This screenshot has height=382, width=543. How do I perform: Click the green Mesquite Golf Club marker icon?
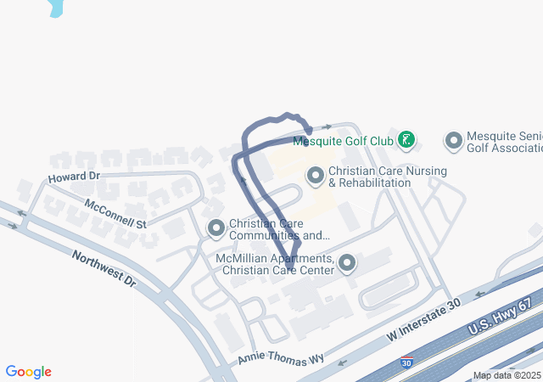(x=406, y=140)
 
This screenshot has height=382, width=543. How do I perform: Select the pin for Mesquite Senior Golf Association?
(x=454, y=140)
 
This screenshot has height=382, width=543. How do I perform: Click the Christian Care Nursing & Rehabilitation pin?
(x=316, y=176)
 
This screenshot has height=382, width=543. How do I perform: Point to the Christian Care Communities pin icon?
(x=216, y=228)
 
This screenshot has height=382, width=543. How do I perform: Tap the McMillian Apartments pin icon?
(x=346, y=263)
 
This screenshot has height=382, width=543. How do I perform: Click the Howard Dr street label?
(x=74, y=177)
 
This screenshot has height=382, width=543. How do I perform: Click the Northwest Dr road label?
(x=104, y=268)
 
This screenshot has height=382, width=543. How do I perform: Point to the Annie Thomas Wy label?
(x=282, y=358)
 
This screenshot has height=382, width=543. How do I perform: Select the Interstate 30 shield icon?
(x=408, y=362)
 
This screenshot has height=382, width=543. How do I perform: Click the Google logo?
(x=28, y=372)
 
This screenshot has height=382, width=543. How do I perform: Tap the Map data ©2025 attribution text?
(x=506, y=375)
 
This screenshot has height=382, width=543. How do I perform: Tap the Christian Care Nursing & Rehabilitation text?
(x=375, y=177)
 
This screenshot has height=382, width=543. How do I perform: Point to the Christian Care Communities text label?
(x=279, y=229)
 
